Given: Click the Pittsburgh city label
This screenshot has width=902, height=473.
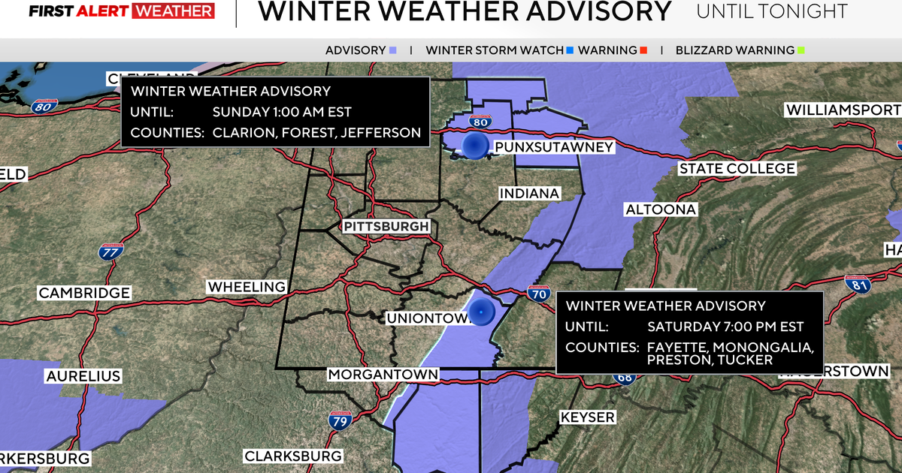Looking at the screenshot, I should point(387,226).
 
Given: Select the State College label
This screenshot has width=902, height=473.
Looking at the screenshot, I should point(737,169).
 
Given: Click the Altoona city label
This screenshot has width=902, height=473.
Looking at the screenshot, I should point(661,209).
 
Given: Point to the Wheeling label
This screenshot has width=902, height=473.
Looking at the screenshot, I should point(247,287).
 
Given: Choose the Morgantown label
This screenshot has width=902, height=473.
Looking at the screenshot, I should point(383,374).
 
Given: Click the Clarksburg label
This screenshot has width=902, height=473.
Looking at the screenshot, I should point(293,456).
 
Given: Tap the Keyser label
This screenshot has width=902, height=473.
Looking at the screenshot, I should point(587,417).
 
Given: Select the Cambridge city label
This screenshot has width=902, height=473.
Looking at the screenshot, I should point(84,293).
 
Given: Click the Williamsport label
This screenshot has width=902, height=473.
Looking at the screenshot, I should point(842,110).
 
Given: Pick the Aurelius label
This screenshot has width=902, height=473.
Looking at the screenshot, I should point(83,375).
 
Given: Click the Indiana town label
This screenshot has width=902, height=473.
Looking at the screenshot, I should point(530,194).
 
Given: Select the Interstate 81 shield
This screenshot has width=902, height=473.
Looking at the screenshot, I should point(856,284).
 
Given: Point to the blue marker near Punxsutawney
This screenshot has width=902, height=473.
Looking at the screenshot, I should point(474,146).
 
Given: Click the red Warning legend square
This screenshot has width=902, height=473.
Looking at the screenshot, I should point(643,51).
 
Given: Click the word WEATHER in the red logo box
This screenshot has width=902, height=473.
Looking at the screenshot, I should point(171,11).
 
